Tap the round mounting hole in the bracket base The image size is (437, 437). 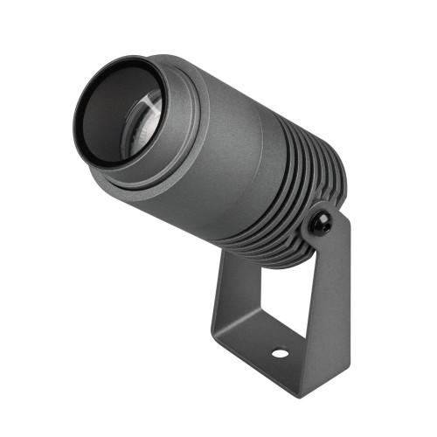click(x=279, y=355)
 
